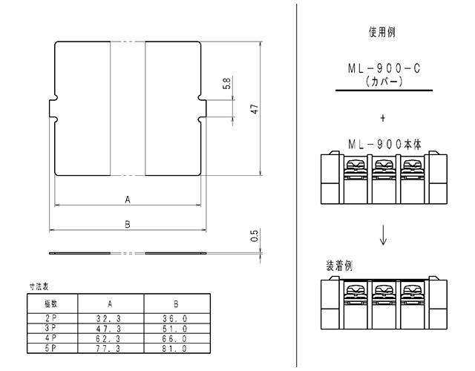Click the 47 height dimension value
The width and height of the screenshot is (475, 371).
tap(255, 109)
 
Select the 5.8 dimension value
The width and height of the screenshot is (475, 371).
tap(226, 83)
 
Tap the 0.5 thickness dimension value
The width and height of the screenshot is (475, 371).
tap(255, 236)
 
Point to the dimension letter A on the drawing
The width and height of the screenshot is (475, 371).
tap(128, 200)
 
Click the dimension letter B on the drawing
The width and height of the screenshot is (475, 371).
tap(128, 224)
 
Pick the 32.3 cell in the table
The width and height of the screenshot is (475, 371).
tap(108, 318)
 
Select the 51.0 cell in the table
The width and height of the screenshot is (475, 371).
tap(175, 329)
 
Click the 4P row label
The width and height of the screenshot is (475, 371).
tap(50, 338)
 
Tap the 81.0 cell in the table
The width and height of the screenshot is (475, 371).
tap(175, 349)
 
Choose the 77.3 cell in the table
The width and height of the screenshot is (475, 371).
tap(108, 349)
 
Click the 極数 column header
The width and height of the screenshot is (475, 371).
tap(51, 303)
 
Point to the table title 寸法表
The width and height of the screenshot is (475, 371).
tap(39, 286)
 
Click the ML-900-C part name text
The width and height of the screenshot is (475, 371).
tap(384, 68)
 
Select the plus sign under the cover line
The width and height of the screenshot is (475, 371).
tap(383, 118)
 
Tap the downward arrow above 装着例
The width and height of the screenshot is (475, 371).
tap(383, 234)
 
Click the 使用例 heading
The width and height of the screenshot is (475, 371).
tap(382, 32)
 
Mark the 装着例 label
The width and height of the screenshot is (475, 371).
tap(339, 266)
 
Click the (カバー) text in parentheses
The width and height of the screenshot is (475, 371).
tap(384, 81)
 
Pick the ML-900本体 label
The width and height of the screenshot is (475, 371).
tap(384, 145)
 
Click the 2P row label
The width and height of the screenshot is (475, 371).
tap(50, 318)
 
